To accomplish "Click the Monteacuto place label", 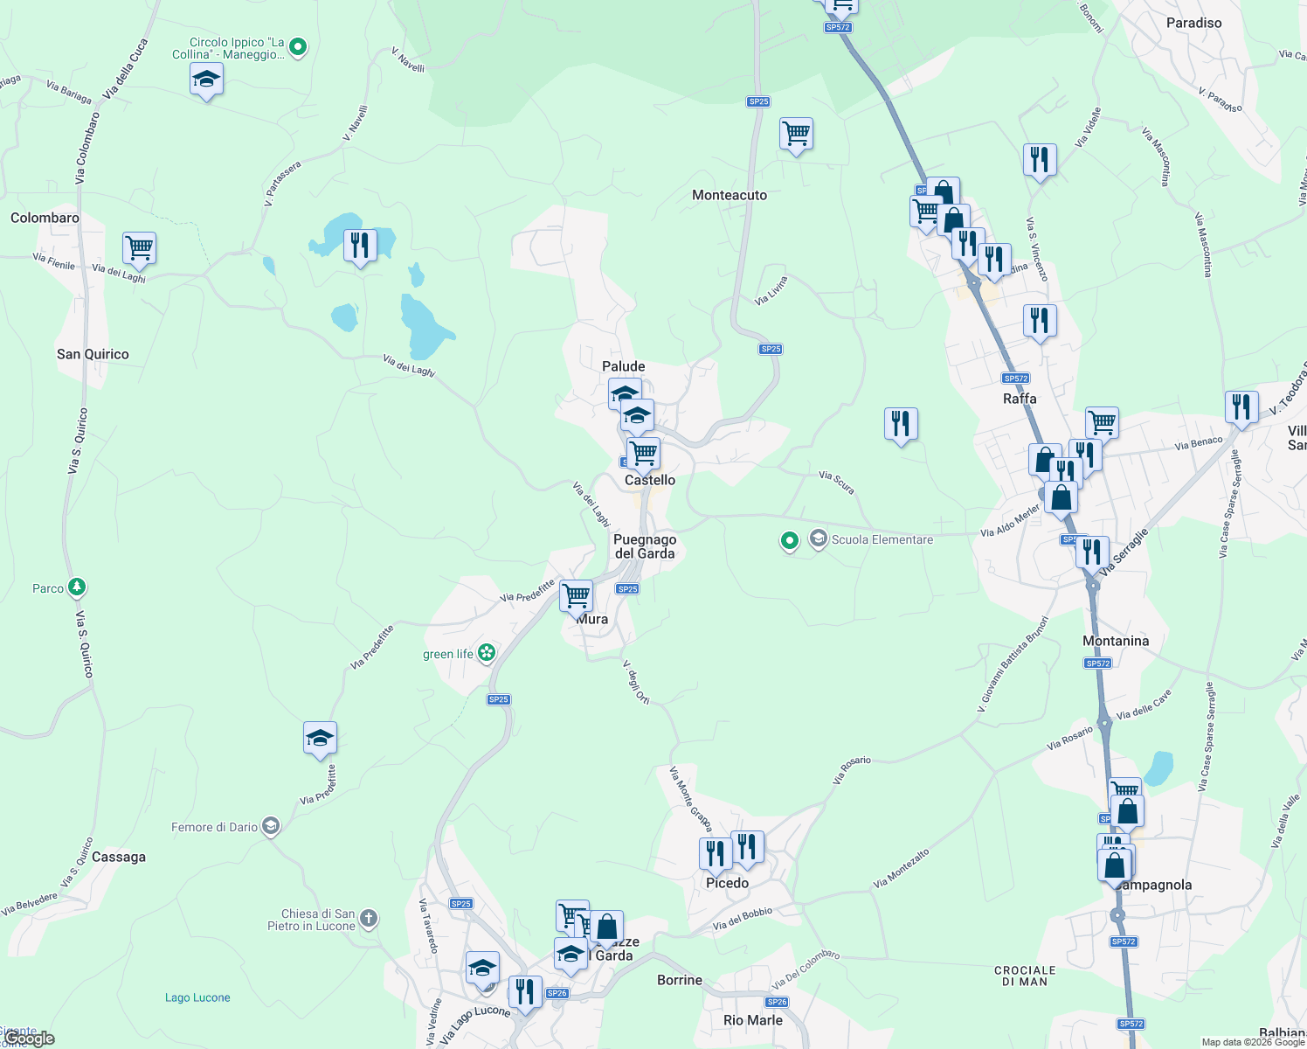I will pyautogui.click(x=730, y=195).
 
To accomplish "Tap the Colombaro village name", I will pyautogui.click(x=45, y=218).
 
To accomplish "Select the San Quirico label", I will pyautogui.click(x=93, y=354).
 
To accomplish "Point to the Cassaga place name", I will pyautogui.click(x=119, y=857).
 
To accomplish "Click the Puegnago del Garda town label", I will pyautogui.click(x=645, y=546).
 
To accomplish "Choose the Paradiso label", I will pyautogui.click(x=1193, y=23).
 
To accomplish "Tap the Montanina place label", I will pyautogui.click(x=1116, y=641).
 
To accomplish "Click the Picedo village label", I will pyautogui.click(x=727, y=883).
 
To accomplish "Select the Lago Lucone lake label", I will pyautogui.click(x=197, y=997).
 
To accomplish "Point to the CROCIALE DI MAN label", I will pyautogui.click(x=1025, y=976).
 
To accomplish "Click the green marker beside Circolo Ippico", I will pyautogui.click(x=298, y=47).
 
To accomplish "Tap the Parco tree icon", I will pyautogui.click(x=77, y=587).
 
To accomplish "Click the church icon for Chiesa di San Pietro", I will pyautogui.click(x=369, y=918).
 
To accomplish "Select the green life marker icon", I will pyautogui.click(x=487, y=653).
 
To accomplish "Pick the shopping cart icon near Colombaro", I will pyautogui.click(x=140, y=248).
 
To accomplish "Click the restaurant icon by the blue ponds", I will pyautogui.click(x=360, y=246).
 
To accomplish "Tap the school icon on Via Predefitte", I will pyautogui.click(x=320, y=739).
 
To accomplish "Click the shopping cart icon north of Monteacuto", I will pyautogui.click(x=796, y=135).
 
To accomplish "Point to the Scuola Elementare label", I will pyautogui.click(x=882, y=539).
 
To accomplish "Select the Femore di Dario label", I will pyautogui.click(x=215, y=827).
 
